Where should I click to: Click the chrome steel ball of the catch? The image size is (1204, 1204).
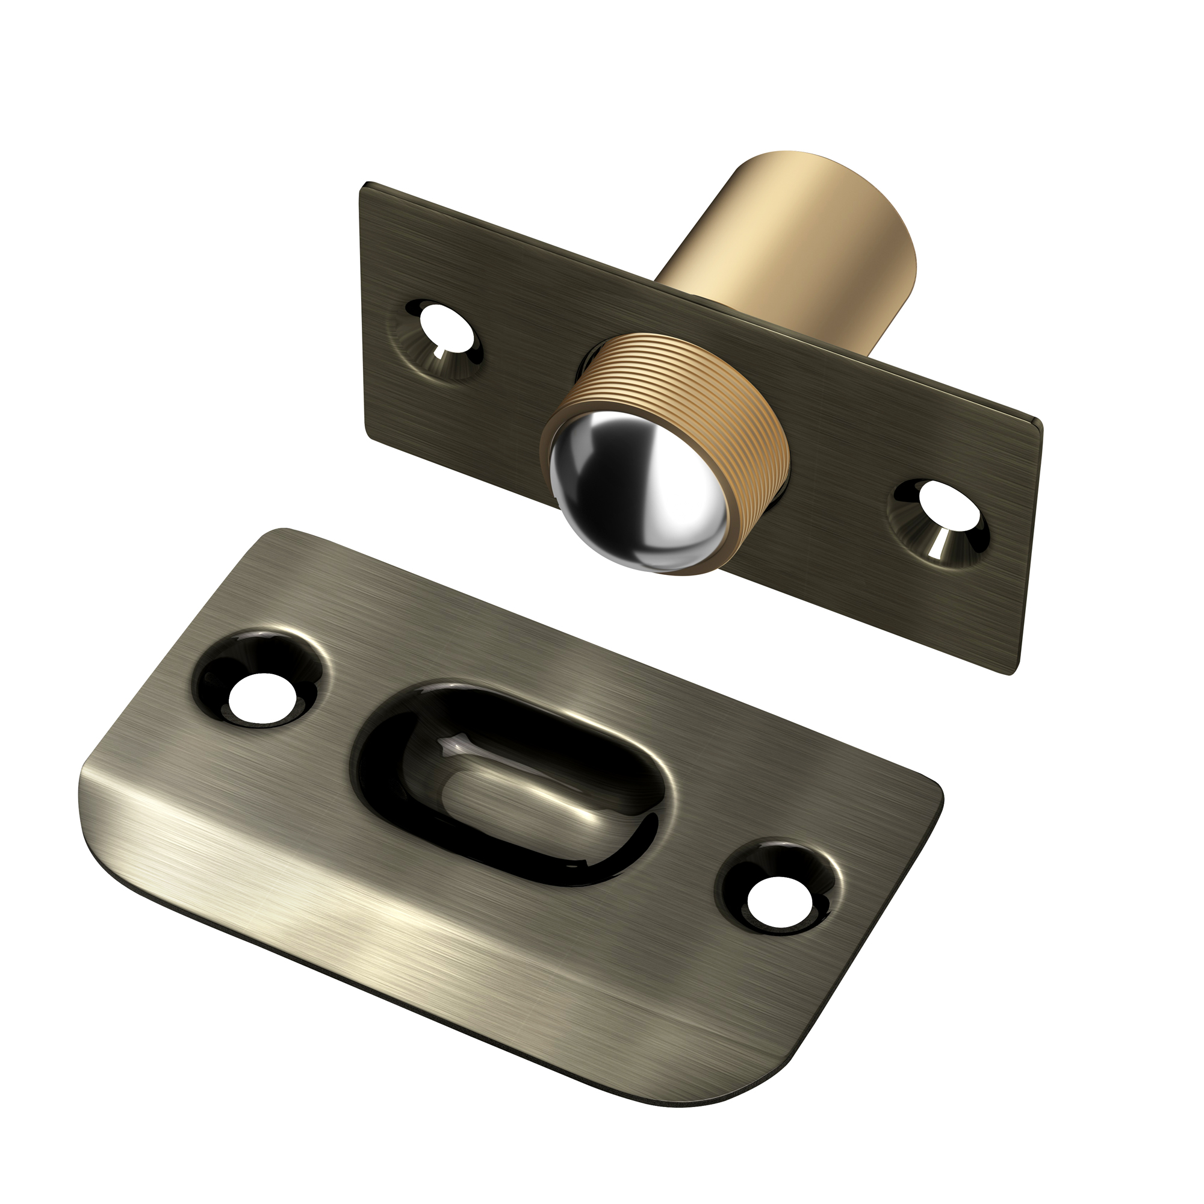pyautogui.click(x=636, y=498)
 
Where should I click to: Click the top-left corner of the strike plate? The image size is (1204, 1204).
pyautogui.click(x=274, y=533)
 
